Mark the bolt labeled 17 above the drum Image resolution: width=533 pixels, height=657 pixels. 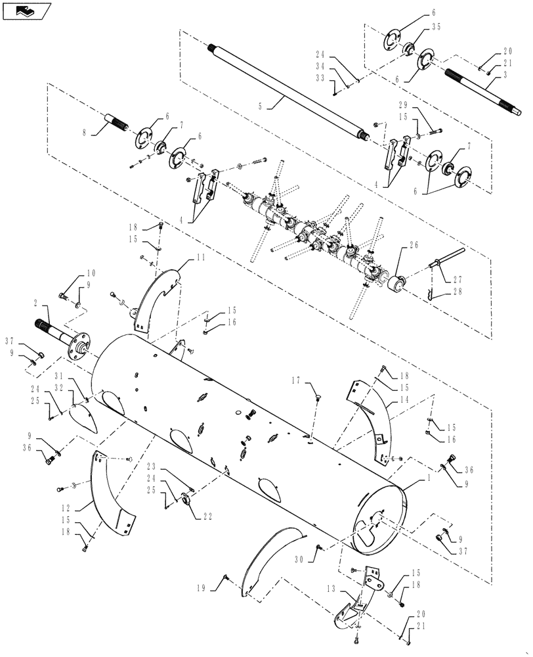click(318, 396)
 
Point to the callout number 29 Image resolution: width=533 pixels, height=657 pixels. click(404, 105)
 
